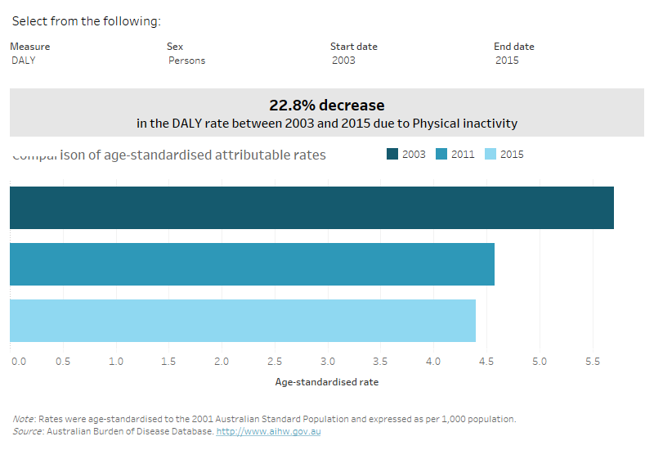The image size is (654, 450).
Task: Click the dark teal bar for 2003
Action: click(311, 208)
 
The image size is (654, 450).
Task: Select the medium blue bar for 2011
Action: click(252, 264)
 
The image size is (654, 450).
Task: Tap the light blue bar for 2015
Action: click(242, 321)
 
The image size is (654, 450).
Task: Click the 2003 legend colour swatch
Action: click(392, 154)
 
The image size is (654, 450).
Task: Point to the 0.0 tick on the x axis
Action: click(18, 361)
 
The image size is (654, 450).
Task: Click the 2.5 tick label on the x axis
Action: click(275, 361)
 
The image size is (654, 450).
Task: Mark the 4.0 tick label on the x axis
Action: click(433, 361)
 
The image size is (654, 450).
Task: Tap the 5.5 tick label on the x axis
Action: click(592, 361)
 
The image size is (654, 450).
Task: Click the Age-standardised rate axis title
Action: click(326, 382)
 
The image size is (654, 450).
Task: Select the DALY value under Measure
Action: click(24, 60)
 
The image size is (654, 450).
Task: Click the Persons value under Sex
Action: click(187, 60)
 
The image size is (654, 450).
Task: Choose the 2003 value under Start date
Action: click(343, 60)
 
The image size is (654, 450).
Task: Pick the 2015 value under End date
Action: click(507, 60)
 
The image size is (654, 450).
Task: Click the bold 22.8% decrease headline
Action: click(326, 106)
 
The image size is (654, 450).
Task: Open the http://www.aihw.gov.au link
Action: click(268, 431)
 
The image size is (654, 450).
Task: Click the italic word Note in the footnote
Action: click(23, 419)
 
